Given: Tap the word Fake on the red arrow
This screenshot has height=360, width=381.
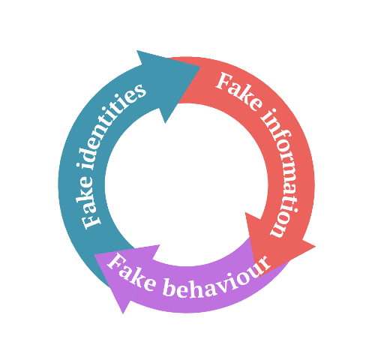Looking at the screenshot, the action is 238,91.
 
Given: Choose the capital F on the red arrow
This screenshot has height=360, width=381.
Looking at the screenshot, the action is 223,81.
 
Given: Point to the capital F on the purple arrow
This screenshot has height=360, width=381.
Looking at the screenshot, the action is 116,262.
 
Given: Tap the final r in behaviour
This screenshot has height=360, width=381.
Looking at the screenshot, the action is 265,262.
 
